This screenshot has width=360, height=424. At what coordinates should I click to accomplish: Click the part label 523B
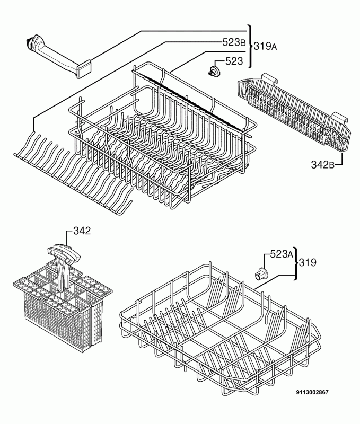(234, 42)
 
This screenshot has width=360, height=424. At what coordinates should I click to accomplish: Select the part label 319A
(265, 47)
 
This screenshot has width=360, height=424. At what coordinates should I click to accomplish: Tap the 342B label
(322, 164)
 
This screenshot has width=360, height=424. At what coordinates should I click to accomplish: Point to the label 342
(82, 231)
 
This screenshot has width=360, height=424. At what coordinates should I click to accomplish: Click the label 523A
(282, 254)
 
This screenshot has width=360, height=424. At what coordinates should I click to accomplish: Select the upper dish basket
(162, 135)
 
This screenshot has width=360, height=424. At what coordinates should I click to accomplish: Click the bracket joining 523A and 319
(295, 263)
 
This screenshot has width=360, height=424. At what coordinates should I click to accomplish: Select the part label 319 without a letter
(308, 262)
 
